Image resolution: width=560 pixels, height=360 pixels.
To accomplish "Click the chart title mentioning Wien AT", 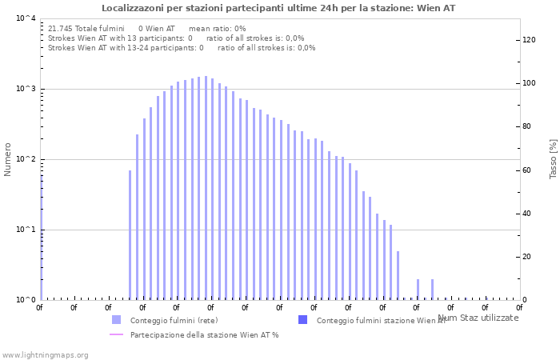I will (x=279, y=8).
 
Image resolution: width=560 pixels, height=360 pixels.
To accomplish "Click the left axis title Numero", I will (x=8, y=159).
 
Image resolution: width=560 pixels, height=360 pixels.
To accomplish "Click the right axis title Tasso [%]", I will (x=553, y=158).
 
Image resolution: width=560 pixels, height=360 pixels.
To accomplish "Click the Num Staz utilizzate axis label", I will (x=478, y=318).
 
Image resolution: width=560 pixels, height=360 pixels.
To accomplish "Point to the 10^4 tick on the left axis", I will (x=26, y=18).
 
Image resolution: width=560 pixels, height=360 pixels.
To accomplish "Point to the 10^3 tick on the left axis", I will (x=26, y=89).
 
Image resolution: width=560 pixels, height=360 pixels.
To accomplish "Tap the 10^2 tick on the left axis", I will (x=26, y=159).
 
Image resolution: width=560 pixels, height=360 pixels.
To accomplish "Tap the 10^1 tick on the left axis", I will (x=26, y=230).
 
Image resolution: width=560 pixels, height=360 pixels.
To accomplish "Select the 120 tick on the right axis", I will (x=529, y=40).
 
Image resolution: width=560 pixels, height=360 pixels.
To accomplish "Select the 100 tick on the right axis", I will (x=529, y=83).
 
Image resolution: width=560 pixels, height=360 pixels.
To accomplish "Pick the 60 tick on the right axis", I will (x=527, y=170).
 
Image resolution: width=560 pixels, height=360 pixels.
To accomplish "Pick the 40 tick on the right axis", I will (x=527, y=214).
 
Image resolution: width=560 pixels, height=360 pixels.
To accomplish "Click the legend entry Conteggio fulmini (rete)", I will (x=174, y=320).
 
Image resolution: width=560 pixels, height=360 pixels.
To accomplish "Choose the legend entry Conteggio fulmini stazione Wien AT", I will (x=381, y=320).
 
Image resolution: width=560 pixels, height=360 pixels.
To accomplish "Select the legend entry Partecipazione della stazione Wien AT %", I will (x=204, y=334).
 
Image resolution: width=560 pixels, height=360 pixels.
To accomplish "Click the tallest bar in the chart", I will (x=206, y=188).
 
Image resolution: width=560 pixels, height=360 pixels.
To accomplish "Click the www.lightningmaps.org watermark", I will (x=45, y=354).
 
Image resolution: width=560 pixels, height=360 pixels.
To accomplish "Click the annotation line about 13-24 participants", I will (x=182, y=47).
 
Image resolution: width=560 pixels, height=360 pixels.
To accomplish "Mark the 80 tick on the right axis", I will (x=527, y=126).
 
